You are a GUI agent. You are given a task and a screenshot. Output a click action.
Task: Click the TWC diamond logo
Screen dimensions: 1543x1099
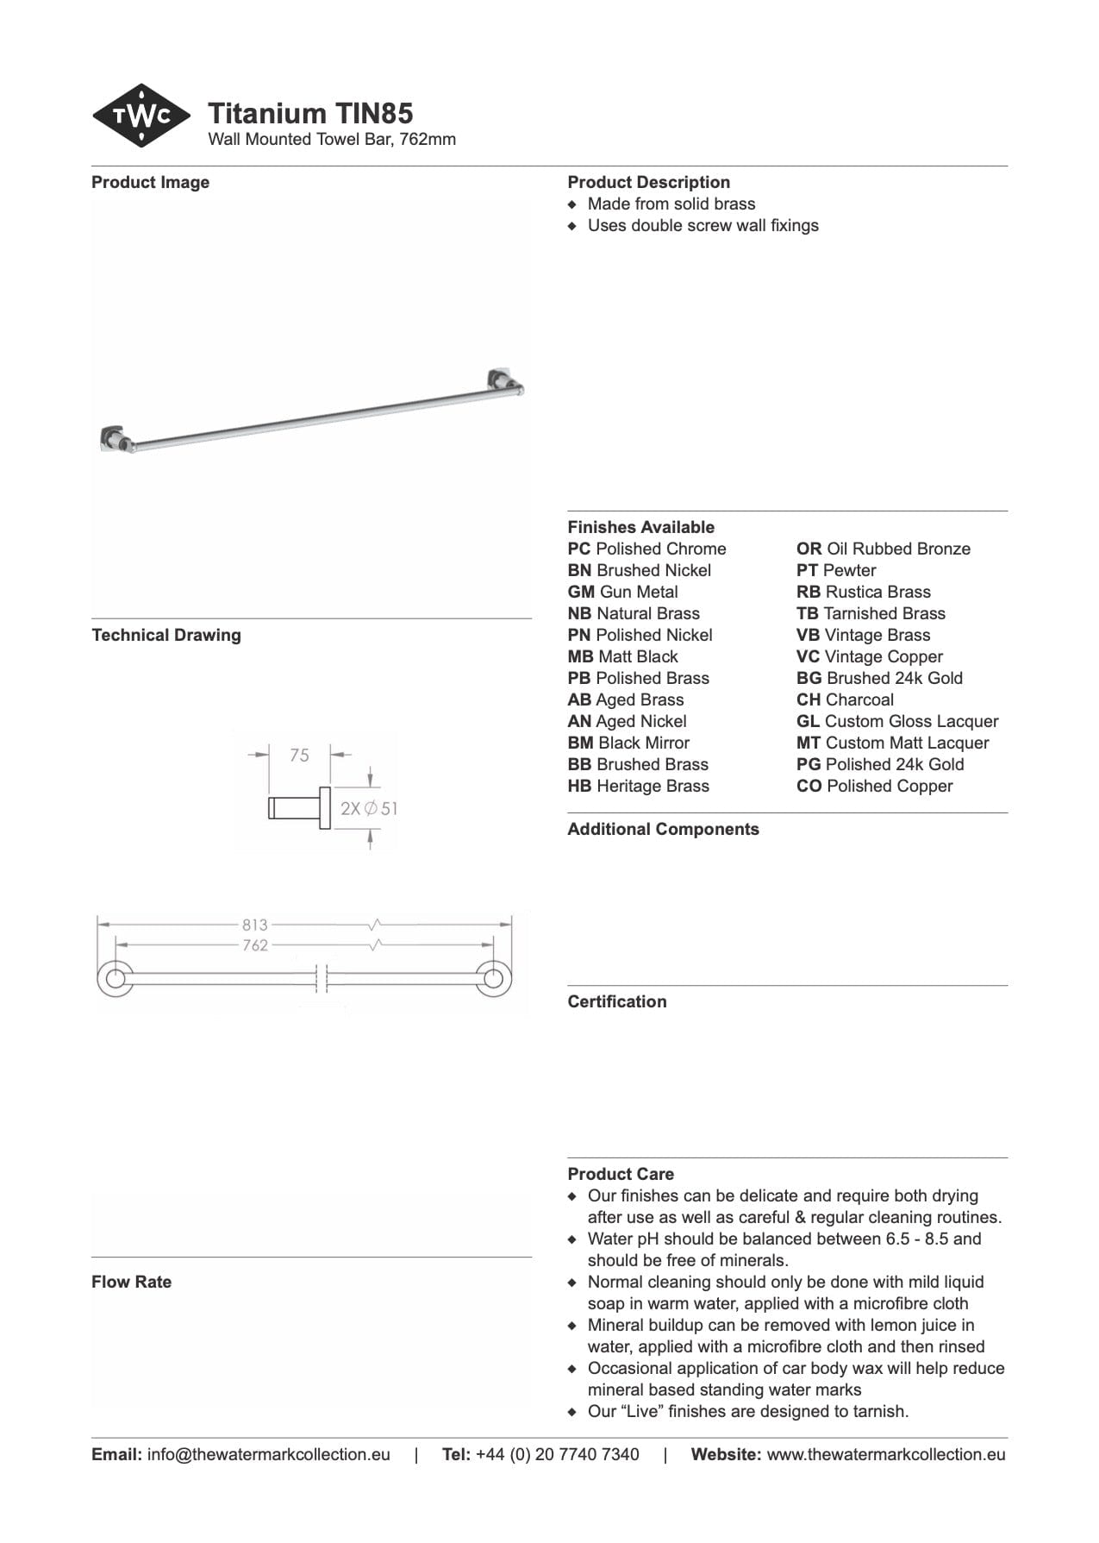pos(140,116)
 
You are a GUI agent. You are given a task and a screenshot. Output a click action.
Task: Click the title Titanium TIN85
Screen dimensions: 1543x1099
pos(310,113)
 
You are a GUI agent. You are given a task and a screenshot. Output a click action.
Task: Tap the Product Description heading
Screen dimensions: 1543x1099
pos(648,182)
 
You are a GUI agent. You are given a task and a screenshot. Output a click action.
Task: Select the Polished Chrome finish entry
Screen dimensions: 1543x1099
pos(646,549)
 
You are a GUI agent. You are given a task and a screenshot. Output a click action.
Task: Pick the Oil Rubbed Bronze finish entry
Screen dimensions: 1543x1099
pos(883,549)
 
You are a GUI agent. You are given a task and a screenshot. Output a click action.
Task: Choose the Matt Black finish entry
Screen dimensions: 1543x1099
pos(622,656)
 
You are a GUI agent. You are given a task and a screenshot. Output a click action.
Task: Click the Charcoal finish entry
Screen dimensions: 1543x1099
pos(845,699)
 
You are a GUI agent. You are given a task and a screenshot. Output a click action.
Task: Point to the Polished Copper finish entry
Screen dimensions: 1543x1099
pos(874,786)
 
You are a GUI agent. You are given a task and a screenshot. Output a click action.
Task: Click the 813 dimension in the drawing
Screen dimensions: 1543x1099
pos(255,925)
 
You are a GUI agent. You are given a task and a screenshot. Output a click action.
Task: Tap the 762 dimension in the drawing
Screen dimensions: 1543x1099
pos(255,945)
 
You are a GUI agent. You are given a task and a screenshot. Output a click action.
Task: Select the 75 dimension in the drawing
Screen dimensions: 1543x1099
pos(299,756)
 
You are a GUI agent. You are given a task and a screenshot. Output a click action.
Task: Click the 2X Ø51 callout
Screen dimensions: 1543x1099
pos(368,808)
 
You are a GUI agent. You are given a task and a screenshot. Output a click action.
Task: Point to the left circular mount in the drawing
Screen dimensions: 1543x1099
pos(115,979)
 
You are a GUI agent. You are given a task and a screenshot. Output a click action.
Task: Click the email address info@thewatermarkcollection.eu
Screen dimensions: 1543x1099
pos(268,1454)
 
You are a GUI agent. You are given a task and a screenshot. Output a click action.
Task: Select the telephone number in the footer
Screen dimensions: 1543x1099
pos(557,1454)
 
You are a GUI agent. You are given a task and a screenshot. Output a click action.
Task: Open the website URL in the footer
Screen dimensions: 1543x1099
pos(885,1454)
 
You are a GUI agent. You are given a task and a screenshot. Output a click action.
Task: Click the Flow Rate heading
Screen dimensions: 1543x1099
pos(131,1282)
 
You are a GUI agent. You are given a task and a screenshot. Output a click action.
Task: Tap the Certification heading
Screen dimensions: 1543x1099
pos(616,1001)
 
